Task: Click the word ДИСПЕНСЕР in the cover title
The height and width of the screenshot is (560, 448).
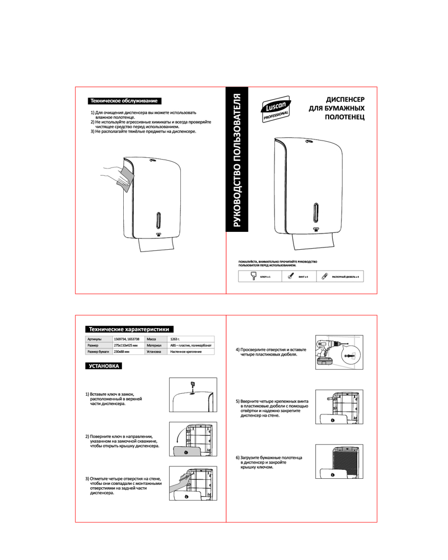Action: pos(346,99)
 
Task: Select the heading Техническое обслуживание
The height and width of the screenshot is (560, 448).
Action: pos(124,101)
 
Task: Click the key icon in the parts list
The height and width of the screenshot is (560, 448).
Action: pos(254,276)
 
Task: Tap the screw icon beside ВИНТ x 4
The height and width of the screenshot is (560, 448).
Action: pos(291,276)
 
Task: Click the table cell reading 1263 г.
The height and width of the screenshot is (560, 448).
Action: pos(175,339)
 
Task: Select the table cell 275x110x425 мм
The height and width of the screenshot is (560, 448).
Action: pos(125,346)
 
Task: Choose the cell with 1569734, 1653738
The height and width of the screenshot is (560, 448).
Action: pos(127,339)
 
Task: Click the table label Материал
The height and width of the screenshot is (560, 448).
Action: pos(154,346)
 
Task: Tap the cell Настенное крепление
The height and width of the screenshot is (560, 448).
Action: pos(185,352)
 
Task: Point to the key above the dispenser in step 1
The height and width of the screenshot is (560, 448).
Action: pos(192,385)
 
